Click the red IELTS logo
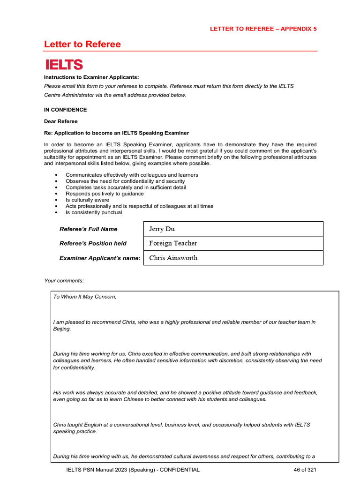[x=63, y=65]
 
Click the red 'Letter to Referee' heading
[x=82, y=45]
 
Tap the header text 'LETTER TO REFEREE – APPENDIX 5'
[x=263, y=29]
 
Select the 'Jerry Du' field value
[x=162, y=229]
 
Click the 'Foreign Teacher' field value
[x=173, y=243]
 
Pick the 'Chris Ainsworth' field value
[x=173, y=258]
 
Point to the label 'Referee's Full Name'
[x=88, y=229]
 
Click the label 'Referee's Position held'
[x=93, y=243]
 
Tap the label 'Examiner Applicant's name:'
[x=100, y=258]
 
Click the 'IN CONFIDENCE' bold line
[x=65, y=110]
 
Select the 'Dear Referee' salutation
[x=61, y=121]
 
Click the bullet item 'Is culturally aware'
[x=87, y=200]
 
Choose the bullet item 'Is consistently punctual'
[x=94, y=212]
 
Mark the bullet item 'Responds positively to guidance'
[x=105, y=194]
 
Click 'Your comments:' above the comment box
[x=64, y=280]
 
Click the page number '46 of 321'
[x=302, y=470]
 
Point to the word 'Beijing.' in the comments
[x=62, y=329]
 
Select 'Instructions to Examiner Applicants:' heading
[x=91, y=77]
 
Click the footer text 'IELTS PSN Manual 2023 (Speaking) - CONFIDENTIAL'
[x=133, y=470]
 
